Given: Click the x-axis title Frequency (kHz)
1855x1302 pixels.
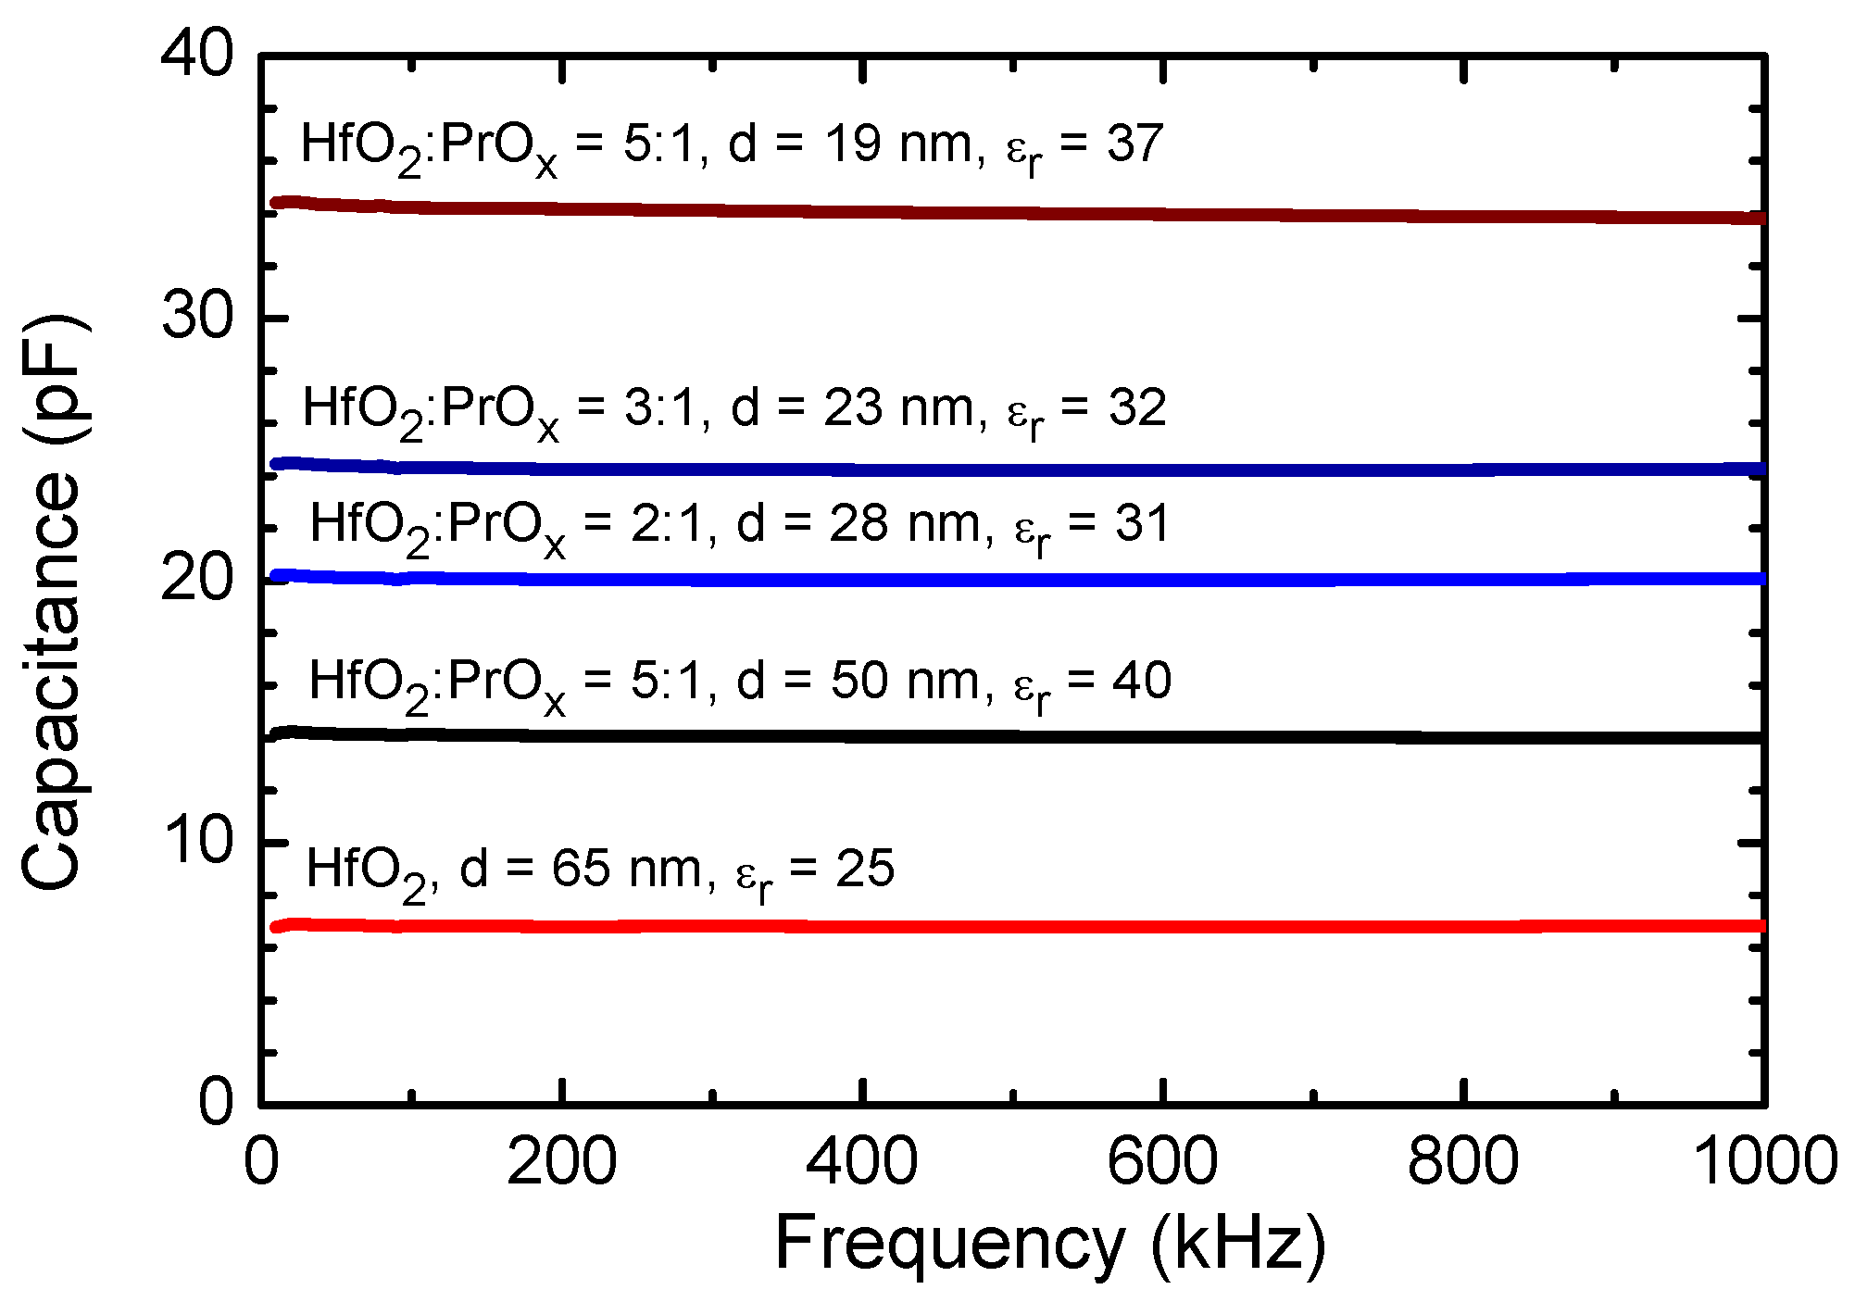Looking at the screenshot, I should [1050, 1244].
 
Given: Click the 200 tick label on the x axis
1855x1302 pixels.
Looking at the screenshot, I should [561, 1161].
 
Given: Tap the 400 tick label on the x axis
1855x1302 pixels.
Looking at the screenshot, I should [861, 1161].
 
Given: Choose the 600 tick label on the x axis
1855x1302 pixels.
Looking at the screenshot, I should [1162, 1161].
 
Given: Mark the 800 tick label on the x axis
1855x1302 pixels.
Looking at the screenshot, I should [1463, 1161].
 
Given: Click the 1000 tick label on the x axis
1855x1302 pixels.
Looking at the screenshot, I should [1765, 1161].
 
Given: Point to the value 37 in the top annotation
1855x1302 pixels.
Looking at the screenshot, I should [1134, 144].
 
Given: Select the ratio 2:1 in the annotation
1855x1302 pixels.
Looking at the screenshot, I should [673, 524].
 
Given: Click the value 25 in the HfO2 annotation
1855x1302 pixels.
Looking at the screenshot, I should [865, 870].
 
